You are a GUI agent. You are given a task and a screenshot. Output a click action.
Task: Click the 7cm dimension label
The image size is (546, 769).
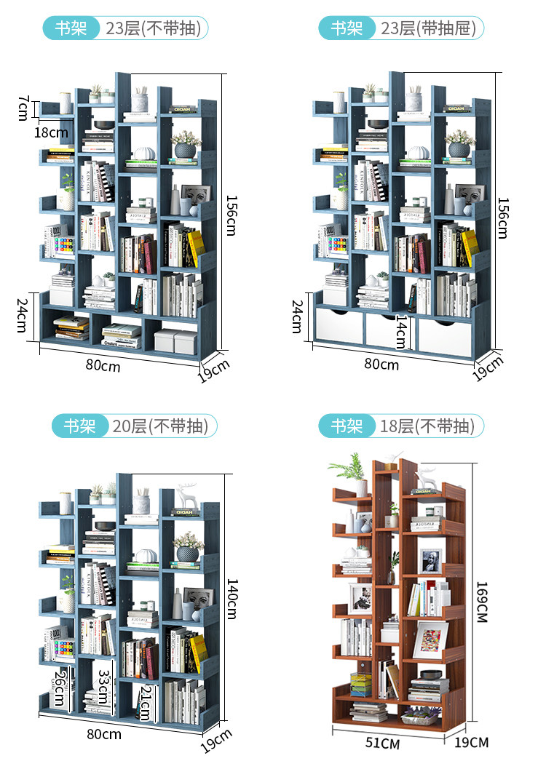pyautogui.click(x=23, y=108)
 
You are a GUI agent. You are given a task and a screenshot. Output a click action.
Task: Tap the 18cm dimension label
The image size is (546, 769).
pyautogui.click(x=51, y=132)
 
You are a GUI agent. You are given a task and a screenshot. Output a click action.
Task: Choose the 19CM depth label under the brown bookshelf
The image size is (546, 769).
pyautogui.click(x=471, y=742)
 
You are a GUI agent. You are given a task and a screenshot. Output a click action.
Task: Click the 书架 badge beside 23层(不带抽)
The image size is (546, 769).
pyautogui.click(x=71, y=28)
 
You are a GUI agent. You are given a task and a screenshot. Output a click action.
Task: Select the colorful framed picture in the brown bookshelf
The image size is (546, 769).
pyautogui.click(x=432, y=637)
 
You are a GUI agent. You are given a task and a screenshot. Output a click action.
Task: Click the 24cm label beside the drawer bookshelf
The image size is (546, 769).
pyautogui.click(x=297, y=314)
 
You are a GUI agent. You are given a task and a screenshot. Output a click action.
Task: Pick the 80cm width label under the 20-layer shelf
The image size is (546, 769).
pyautogui.click(x=103, y=734)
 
